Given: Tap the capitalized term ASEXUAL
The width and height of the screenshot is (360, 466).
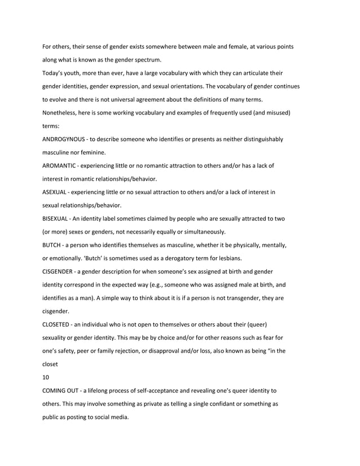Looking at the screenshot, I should [x=55, y=192].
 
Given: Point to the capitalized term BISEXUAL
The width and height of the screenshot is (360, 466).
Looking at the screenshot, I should [x=56, y=219].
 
